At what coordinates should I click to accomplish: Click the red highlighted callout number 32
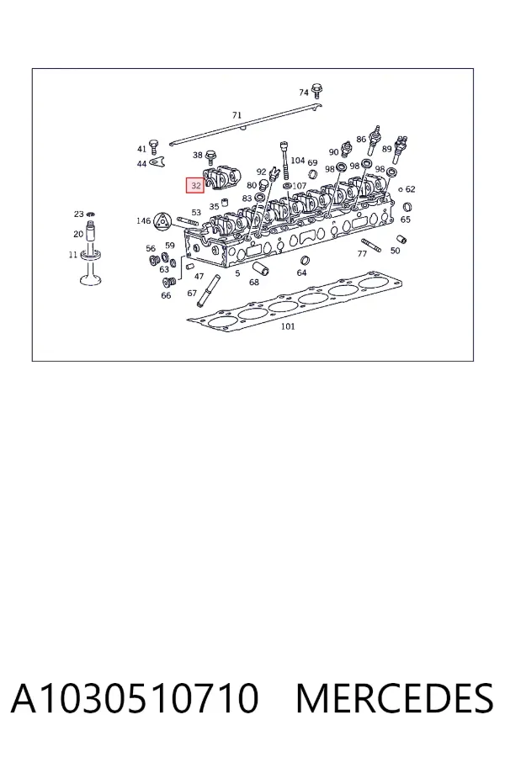[x=196, y=185]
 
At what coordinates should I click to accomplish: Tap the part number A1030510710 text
[x=135, y=698]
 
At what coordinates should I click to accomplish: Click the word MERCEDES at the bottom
[x=395, y=698]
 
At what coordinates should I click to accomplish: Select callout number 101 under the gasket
[x=288, y=326]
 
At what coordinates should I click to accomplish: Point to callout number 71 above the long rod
[x=237, y=115]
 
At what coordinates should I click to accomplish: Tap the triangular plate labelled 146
[x=162, y=222]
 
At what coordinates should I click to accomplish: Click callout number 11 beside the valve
[x=73, y=254]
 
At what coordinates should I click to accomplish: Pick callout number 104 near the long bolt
[x=298, y=161]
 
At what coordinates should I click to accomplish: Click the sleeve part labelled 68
[x=261, y=268]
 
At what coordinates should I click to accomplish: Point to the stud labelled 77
[x=371, y=246]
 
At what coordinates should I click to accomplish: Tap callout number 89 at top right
[x=386, y=149]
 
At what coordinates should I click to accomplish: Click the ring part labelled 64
[x=304, y=262]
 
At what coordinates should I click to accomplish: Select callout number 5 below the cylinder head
[x=237, y=273]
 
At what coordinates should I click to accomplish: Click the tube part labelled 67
[x=207, y=291]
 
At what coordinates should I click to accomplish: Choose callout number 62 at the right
[x=410, y=189]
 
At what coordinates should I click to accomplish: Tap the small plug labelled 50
[x=401, y=239]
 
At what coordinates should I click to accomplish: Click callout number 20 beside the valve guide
[x=78, y=234]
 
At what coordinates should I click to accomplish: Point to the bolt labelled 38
[x=211, y=156]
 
